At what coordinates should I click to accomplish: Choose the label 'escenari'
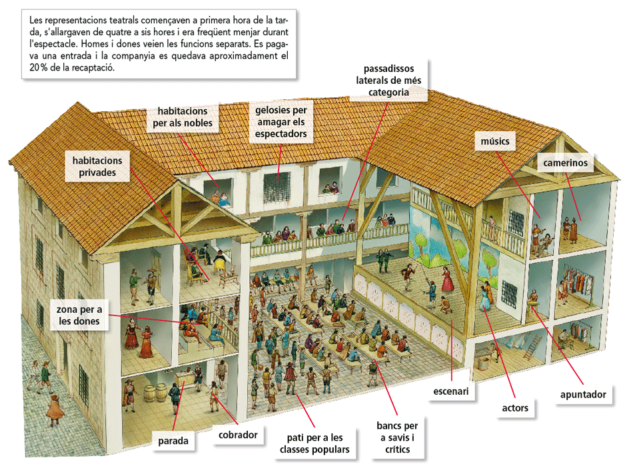pyautogui.click(x=452, y=391)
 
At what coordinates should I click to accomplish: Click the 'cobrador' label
pyautogui.click(x=238, y=435)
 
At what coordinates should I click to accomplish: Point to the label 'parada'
pyautogui.click(x=173, y=440)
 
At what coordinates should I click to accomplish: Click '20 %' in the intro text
pyautogui.click(x=31, y=68)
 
